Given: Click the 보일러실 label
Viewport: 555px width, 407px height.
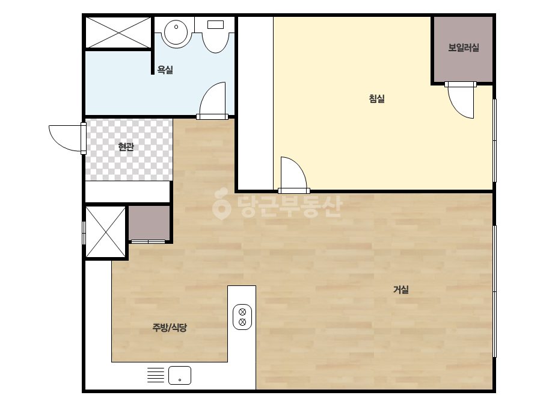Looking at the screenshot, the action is [x=464, y=48].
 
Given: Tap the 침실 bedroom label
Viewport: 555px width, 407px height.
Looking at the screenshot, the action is [x=376, y=98].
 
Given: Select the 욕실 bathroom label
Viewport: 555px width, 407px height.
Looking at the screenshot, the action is [x=165, y=70].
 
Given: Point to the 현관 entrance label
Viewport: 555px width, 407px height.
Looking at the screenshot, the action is [x=126, y=147].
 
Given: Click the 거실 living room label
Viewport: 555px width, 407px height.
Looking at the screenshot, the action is [x=400, y=290].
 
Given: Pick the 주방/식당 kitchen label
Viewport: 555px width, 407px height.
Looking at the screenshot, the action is [x=170, y=328].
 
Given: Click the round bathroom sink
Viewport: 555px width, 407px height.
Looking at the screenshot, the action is [x=176, y=31].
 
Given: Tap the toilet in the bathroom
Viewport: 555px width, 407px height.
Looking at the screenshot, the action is [x=215, y=35].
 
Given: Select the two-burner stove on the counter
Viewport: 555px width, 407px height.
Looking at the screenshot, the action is [x=242, y=317].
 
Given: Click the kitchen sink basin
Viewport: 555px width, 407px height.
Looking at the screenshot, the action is [x=180, y=376].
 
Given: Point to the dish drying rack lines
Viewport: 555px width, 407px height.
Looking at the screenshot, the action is [x=156, y=375].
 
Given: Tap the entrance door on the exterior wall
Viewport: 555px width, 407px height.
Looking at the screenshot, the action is [x=67, y=138].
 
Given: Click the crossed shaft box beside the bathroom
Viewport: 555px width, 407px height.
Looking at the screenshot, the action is [x=118, y=33].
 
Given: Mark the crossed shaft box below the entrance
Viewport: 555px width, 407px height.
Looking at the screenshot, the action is [x=105, y=232].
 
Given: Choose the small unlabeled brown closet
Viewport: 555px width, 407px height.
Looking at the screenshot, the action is [x=149, y=223].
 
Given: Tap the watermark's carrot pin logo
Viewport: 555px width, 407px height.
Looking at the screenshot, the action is [x=221, y=203].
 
